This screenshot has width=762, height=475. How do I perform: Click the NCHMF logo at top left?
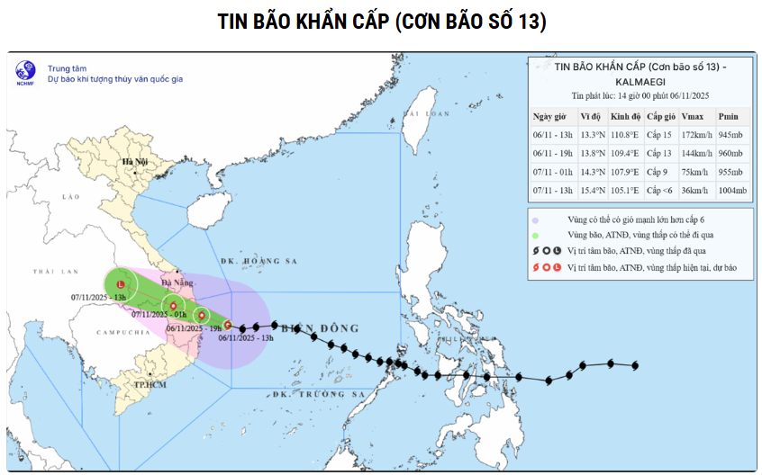[x=25, y=73]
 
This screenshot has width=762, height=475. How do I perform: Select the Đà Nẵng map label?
[x=177, y=282]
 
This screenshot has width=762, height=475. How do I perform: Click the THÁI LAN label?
[x=57, y=271]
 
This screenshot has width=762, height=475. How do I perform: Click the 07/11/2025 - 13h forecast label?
[x=98, y=299]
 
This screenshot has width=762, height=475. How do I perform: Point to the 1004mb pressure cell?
[x=732, y=190]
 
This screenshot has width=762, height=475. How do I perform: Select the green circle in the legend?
[x=535, y=235]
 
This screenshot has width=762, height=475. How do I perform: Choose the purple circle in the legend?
[x=535, y=220]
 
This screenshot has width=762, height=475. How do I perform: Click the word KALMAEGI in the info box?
[x=640, y=80]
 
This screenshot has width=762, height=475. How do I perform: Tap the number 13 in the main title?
[x=529, y=22]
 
